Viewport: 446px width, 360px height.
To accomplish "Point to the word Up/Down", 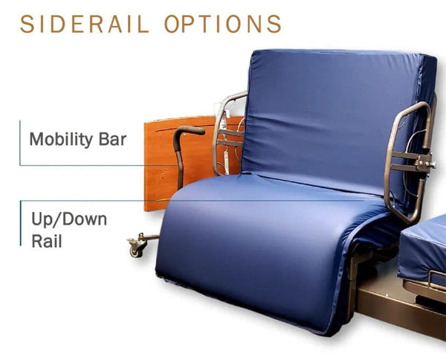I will pyautogui.click(x=69, y=219).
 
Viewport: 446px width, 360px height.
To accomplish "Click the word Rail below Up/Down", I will pyautogui.click(x=46, y=240).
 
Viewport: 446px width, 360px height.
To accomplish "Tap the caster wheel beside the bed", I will pyautogui.click(x=136, y=247).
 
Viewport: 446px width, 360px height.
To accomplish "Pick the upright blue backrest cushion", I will pyautogui.click(x=334, y=119).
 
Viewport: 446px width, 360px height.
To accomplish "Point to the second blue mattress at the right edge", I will pyautogui.click(x=424, y=249).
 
